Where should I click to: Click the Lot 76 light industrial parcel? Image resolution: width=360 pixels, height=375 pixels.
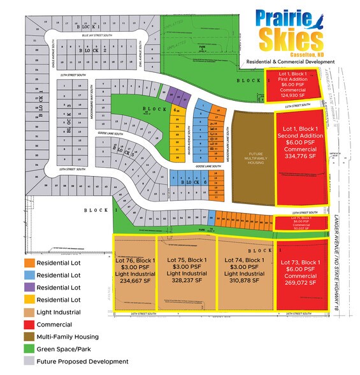[x=134, y=272]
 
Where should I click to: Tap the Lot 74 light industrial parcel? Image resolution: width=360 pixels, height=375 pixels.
[x=245, y=272]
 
